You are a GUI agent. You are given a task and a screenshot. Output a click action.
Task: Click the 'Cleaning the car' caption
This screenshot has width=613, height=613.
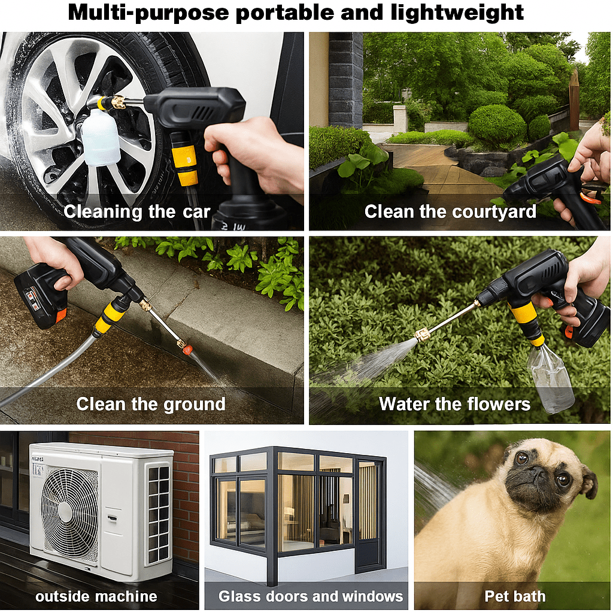(x=137, y=211)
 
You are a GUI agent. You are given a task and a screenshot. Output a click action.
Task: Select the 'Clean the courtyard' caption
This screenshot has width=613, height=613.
(x=450, y=211)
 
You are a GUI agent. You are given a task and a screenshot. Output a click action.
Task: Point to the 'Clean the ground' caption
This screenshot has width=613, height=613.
(x=151, y=404)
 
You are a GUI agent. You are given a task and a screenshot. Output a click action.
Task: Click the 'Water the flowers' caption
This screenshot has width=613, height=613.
(x=455, y=404)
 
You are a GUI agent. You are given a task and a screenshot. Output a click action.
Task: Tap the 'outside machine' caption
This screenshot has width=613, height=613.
(x=96, y=596)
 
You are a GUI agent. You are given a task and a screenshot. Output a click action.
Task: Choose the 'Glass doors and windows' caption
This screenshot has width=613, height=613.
(x=311, y=596)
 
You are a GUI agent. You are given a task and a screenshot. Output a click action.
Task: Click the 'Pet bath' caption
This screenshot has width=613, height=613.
(x=515, y=596)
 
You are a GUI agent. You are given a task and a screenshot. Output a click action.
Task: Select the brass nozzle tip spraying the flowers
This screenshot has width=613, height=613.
(x=423, y=333)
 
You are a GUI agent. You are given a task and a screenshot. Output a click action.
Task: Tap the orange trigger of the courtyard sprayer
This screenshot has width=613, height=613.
(x=590, y=198)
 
